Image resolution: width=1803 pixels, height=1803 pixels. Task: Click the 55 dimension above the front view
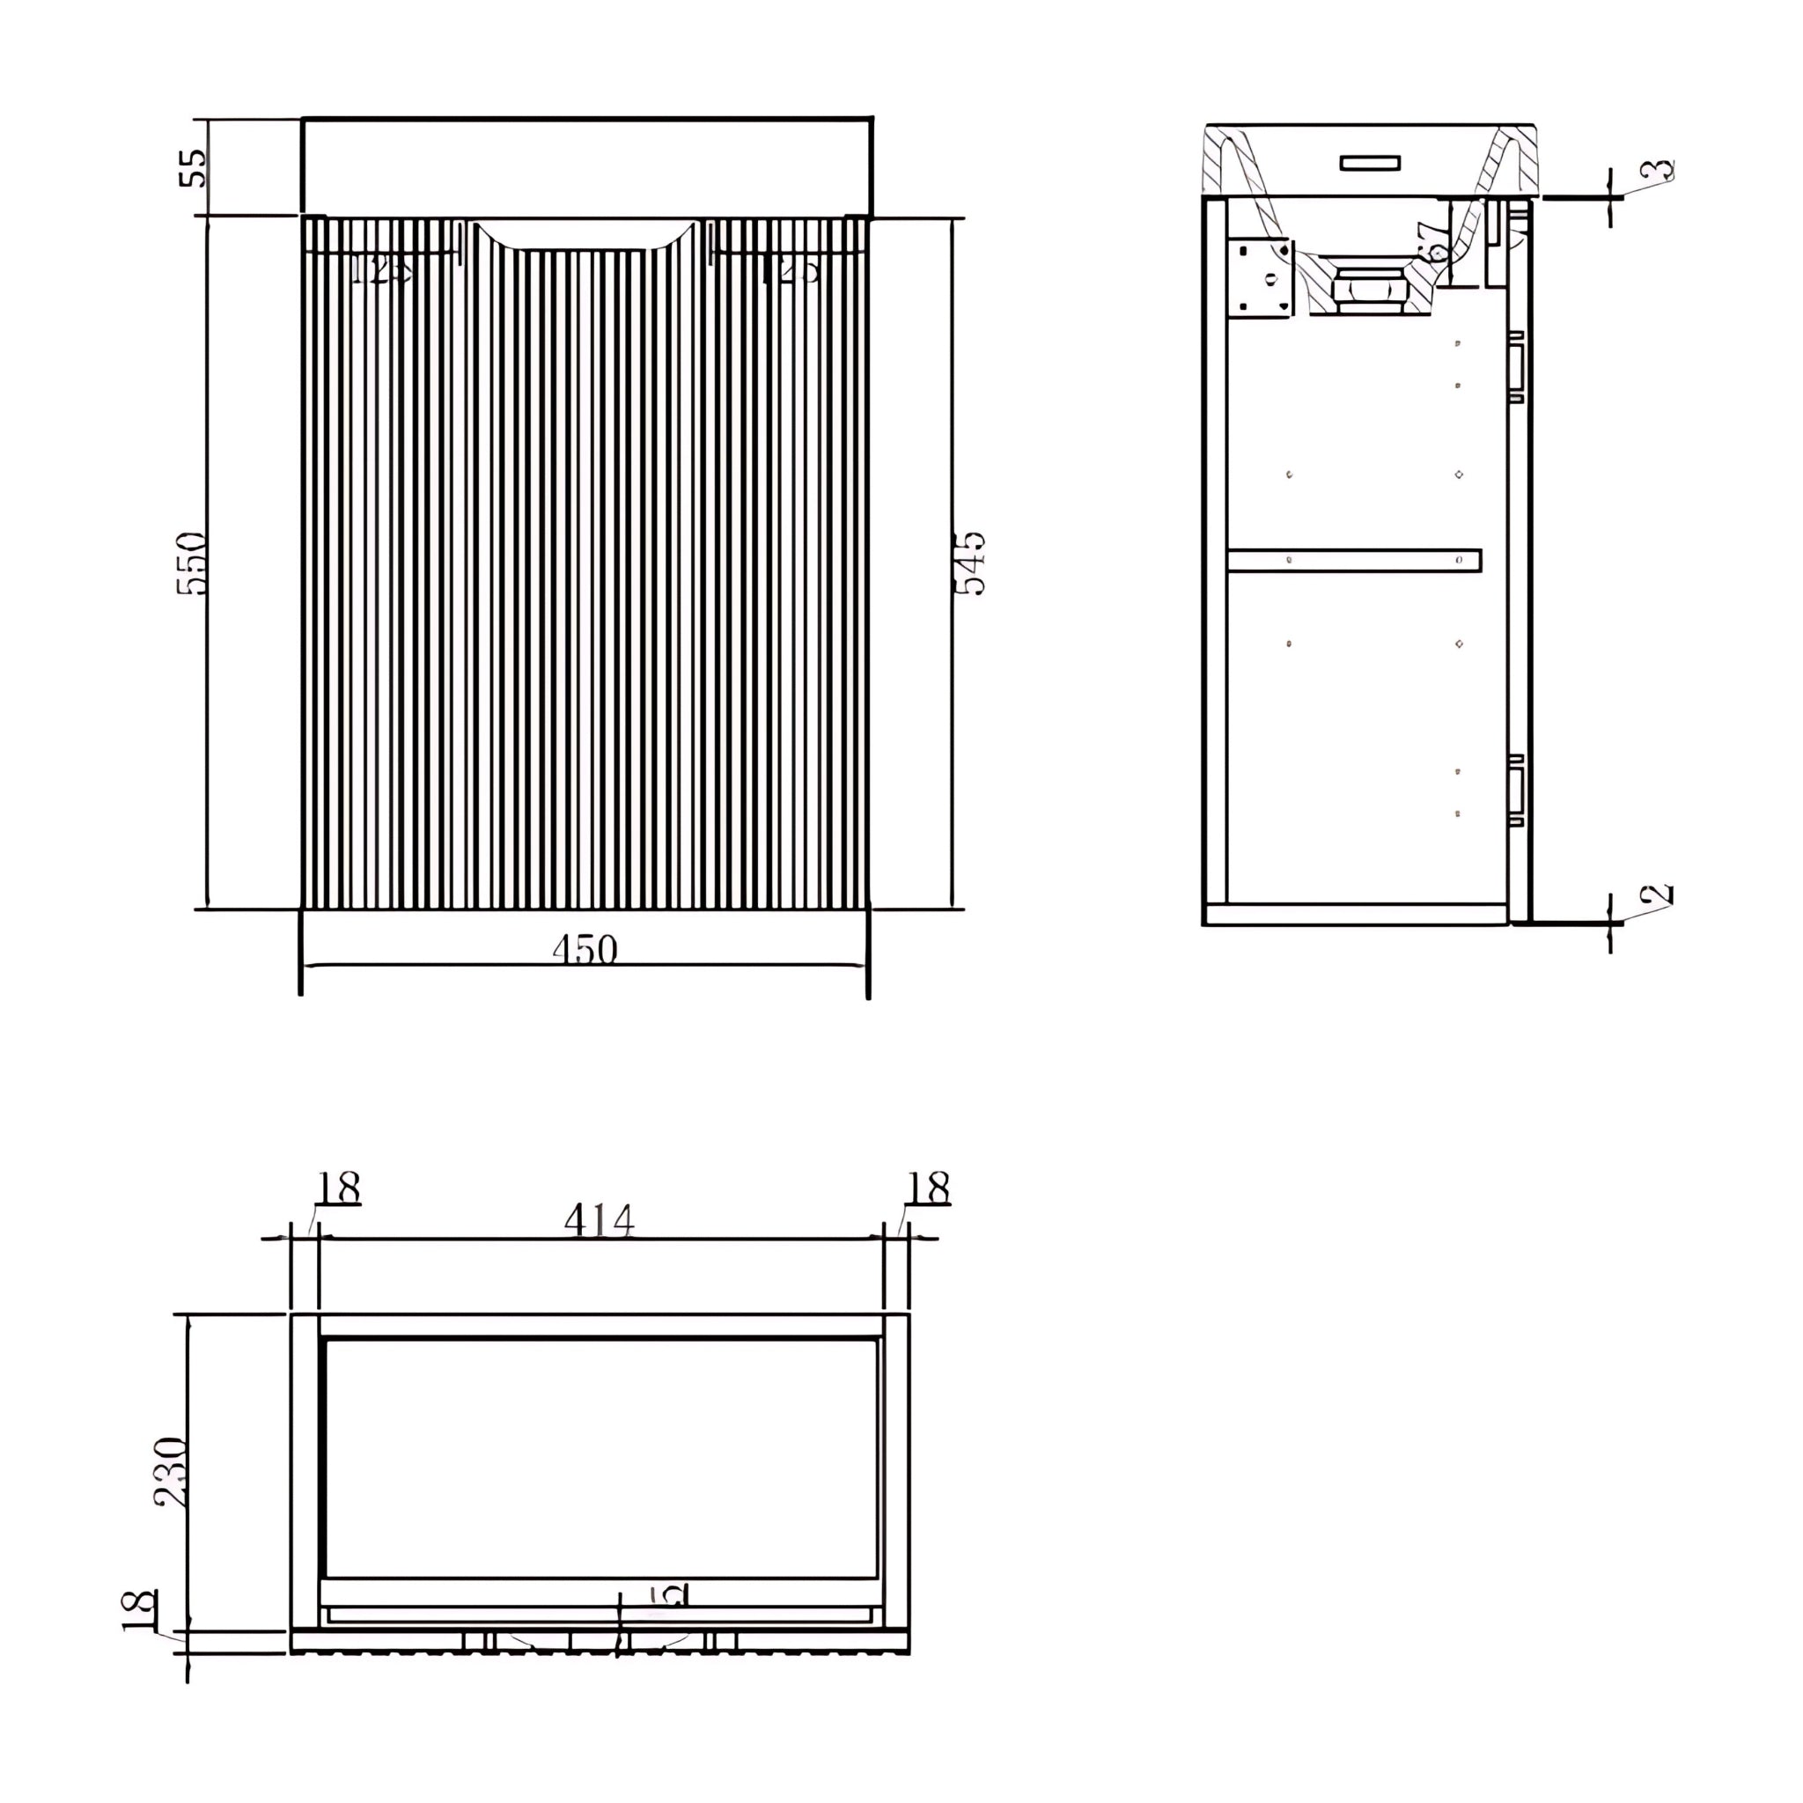point(193,168)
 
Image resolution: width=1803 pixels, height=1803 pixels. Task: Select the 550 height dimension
point(190,563)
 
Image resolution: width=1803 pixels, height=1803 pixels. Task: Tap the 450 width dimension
point(585,950)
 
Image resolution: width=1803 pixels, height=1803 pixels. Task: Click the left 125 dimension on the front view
point(379,270)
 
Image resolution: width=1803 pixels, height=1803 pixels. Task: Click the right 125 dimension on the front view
point(791,270)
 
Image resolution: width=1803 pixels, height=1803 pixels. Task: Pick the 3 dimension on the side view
point(1657,171)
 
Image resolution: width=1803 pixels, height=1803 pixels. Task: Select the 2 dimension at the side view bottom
point(1656,895)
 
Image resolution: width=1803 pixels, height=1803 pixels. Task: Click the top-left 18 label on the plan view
point(337,1189)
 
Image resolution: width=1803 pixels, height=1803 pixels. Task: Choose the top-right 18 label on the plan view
point(928,1189)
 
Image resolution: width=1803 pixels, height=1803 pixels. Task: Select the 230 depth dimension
point(171,1472)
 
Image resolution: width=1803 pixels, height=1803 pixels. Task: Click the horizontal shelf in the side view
point(1353,560)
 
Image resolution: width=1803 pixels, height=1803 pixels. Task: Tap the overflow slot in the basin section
point(1370,164)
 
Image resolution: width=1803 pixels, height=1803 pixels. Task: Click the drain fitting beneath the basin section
point(1369,290)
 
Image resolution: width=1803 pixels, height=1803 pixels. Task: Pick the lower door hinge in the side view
point(1517,791)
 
